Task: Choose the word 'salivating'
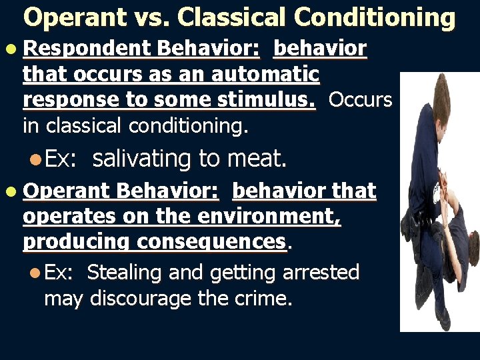click(141, 159)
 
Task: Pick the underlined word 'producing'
click(75, 242)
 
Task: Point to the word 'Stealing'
click(124, 272)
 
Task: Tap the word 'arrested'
click(321, 272)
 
